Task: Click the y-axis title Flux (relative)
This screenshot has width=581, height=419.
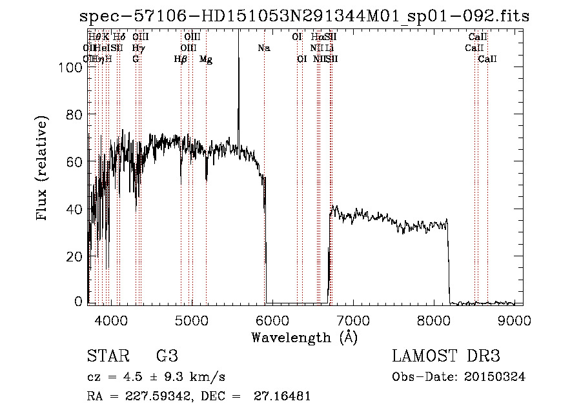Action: (43, 169)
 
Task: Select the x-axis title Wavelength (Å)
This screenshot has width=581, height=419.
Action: (305, 337)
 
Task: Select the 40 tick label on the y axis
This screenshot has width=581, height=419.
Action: (76, 209)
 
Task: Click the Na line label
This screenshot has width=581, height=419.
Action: (263, 48)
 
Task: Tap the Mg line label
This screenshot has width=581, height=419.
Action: (206, 59)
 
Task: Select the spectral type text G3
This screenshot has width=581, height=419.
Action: (167, 356)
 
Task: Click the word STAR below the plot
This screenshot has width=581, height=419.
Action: (107, 356)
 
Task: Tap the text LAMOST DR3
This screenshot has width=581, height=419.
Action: (446, 356)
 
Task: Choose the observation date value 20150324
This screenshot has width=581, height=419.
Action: (496, 377)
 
